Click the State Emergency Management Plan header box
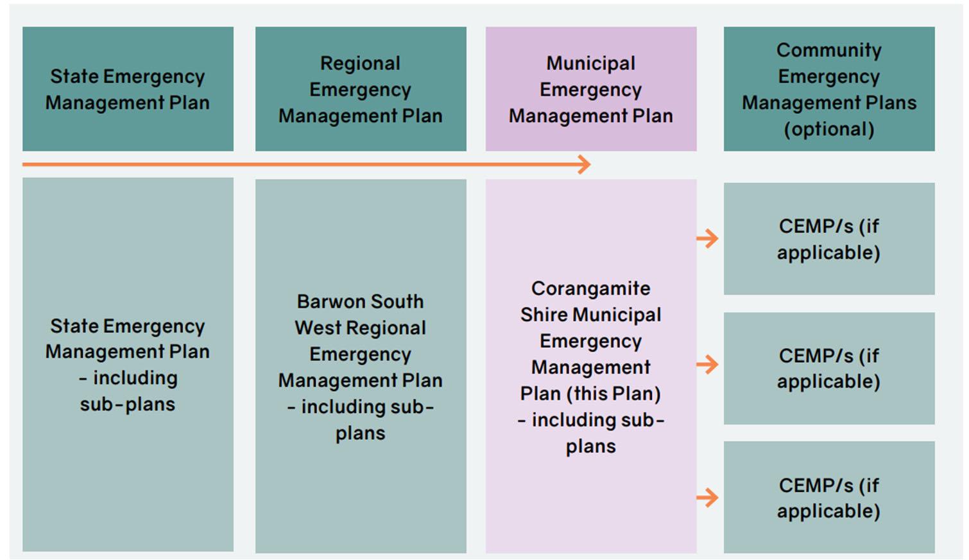[x=128, y=89]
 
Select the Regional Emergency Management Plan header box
[x=361, y=89]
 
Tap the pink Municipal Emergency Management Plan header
[x=590, y=89]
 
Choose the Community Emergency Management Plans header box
[x=828, y=89]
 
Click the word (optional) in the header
[x=828, y=129]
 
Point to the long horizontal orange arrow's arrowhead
[x=584, y=164]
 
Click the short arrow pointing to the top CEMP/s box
[x=708, y=238]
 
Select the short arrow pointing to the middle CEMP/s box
[x=708, y=365]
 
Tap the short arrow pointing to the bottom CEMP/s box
[x=708, y=497]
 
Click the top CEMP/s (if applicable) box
[x=828, y=239]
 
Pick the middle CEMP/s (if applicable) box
[x=828, y=368]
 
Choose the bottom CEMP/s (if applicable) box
[x=828, y=497]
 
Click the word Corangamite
[x=590, y=288]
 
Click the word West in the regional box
[x=318, y=328]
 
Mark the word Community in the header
[x=828, y=50]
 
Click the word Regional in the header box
[x=360, y=64]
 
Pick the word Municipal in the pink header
[x=590, y=64]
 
